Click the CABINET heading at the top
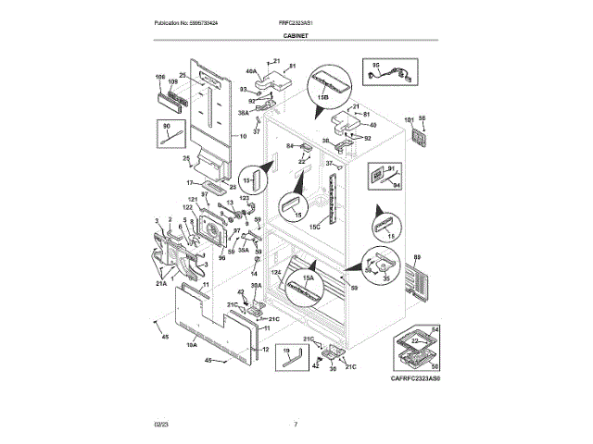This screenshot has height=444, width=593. pyautogui.click(x=296, y=35)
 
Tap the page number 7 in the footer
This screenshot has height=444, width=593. pyautogui.click(x=296, y=425)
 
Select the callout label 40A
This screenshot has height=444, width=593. pyautogui.click(x=250, y=70)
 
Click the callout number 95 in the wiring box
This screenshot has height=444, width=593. pyautogui.click(x=376, y=64)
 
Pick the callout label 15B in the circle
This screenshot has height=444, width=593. pyautogui.click(x=323, y=96)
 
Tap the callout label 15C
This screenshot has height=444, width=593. pyautogui.click(x=314, y=226)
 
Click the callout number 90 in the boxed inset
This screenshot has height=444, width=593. pyautogui.click(x=168, y=126)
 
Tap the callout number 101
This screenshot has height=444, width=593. pyautogui.click(x=409, y=119)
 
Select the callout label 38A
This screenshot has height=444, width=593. pyautogui.click(x=244, y=113)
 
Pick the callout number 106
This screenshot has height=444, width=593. pyautogui.click(x=158, y=76)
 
